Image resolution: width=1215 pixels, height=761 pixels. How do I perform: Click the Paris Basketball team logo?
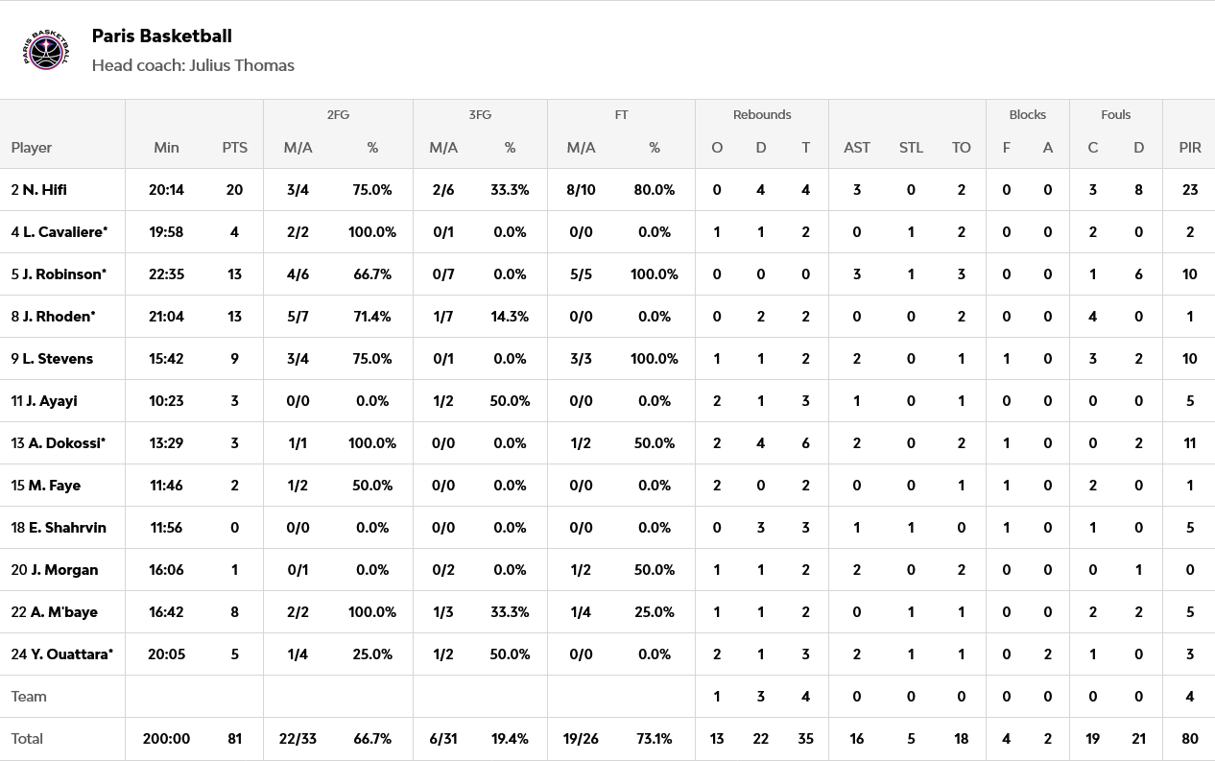[x=46, y=50]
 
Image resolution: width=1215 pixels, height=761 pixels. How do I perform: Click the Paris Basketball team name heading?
[x=161, y=36]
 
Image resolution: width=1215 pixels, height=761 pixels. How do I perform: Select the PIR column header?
[x=1189, y=148]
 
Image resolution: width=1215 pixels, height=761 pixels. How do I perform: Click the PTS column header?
[x=234, y=148]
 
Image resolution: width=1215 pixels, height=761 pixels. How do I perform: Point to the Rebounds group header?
[x=762, y=114]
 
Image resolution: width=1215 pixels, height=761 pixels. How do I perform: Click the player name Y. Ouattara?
[x=66, y=654]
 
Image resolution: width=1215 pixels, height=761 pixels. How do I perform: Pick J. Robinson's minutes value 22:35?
[x=166, y=274]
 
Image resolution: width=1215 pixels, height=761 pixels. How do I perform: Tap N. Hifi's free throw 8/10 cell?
[x=581, y=190]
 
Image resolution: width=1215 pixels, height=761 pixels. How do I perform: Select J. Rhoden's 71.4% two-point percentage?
[x=372, y=317]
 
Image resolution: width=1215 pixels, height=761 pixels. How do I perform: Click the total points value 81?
[x=234, y=739]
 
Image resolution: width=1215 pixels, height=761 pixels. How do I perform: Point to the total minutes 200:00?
[x=166, y=739]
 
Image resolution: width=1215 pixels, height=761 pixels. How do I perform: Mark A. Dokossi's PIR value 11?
[x=1189, y=443]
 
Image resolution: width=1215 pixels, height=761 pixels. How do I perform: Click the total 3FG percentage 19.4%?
[x=510, y=739]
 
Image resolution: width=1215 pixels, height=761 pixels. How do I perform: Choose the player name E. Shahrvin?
[x=66, y=528]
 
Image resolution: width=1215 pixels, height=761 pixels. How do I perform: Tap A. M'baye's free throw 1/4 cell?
[x=581, y=612]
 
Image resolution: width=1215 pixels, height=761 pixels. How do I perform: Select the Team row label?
[x=29, y=697]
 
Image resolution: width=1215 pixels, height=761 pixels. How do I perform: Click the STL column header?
[x=911, y=148]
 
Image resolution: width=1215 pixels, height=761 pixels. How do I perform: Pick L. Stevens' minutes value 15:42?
[x=166, y=359]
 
